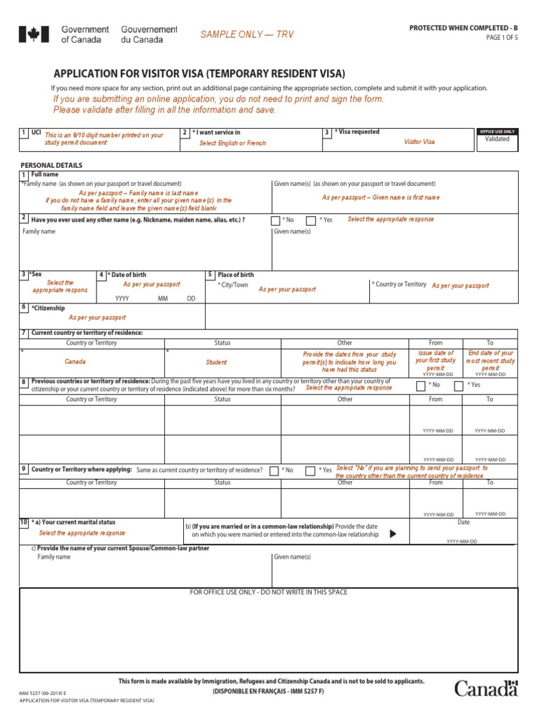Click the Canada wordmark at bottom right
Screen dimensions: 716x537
[x=486, y=688]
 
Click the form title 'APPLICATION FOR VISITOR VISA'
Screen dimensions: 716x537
[x=199, y=73]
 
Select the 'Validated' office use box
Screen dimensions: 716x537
[x=497, y=139]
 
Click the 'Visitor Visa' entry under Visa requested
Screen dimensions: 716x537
[x=419, y=142]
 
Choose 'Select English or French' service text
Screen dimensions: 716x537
[x=233, y=143]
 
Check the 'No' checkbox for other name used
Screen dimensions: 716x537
[x=275, y=220]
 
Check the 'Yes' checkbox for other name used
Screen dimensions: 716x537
[x=311, y=220]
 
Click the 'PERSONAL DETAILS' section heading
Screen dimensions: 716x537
[x=52, y=165]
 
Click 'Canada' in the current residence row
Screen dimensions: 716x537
[x=76, y=362]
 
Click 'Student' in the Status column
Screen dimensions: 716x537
[x=216, y=363]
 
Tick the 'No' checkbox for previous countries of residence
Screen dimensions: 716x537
[x=420, y=385]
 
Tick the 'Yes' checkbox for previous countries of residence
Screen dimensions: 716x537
[x=461, y=385]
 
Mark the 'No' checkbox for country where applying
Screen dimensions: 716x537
[x=274, y=471]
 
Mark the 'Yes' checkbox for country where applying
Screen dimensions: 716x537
[x=310, y=471]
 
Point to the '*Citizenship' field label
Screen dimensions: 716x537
[x=48, y=308]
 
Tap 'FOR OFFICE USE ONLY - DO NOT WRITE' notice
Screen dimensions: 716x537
[x=268, y=592]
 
